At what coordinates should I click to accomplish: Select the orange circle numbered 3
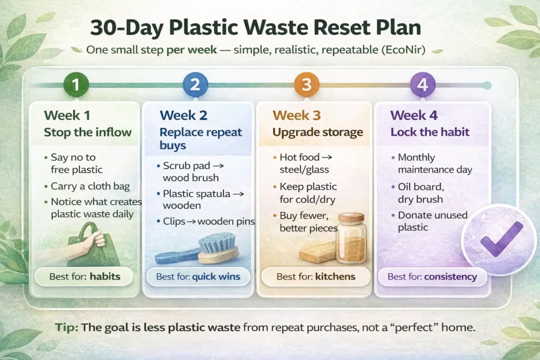coord(307,85)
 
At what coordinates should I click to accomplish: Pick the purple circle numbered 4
coord(422,85)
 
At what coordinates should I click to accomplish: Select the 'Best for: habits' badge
coord(84,277)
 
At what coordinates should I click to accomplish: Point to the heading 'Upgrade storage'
coord(317,132)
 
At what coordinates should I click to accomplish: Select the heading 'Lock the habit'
coord(430,132)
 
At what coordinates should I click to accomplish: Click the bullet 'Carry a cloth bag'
coord(90,186)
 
